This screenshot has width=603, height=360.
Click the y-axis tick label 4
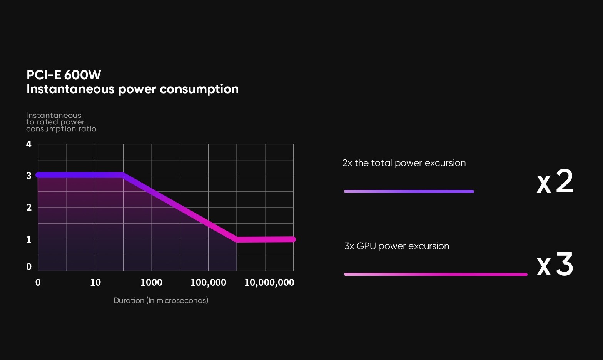click(x=29, y=144)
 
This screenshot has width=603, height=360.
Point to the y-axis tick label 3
click(x=29, y=176)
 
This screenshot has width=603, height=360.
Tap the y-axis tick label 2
click(x=29, y=208)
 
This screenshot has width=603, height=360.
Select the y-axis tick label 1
click(x=29, y=239)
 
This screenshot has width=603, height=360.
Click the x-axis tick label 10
click(x=95, y=283)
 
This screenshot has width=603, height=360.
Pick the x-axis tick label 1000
click(x=151, y=283)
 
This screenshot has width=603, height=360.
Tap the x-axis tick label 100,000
click(x=208, y=283)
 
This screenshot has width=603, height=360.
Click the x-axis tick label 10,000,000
click(x=269, y=283)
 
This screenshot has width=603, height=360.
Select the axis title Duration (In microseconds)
click(x=161, y=301)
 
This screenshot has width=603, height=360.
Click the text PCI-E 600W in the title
click(x=64, y=75)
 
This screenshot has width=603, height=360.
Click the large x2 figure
click(x=555, y=182)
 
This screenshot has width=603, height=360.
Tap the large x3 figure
click(x=555, y=265)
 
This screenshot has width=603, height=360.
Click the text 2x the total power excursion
click(x=404, y=163)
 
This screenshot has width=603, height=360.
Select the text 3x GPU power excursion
click(x=397, y=246)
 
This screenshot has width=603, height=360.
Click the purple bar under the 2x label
click(x=409, y=191)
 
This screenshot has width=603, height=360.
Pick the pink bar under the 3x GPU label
click(x=435, y=274)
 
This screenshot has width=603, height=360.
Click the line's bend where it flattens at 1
click(x=237, y=239)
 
